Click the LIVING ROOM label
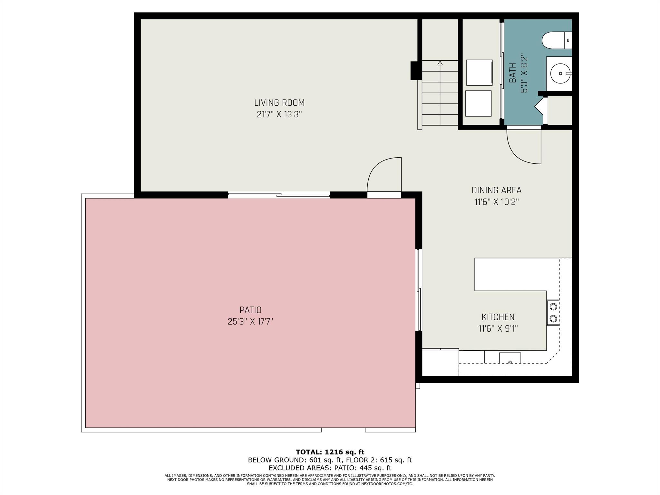[x=279, y=103]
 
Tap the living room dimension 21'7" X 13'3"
[x=279, y=114]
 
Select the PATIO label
[x=250, y=310]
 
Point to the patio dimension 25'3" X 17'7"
[x=250, y=322]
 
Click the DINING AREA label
[x=496, y=190]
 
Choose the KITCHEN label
[x=498, y=317]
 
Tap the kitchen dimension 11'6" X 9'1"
[x=498, y=329]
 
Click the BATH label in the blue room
[x=512, y=73]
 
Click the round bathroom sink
[x=560, y=73]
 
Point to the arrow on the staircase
[x=440, y=63]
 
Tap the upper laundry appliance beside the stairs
[x=479, y=72]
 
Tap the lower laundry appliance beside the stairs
[x=479, y=103]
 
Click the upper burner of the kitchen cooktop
[x=553, y=306]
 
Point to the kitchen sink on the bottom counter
[x=510, y=358]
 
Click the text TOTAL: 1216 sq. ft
[x=330, y=452]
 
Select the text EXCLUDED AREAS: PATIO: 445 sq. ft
[x=330, y=468]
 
